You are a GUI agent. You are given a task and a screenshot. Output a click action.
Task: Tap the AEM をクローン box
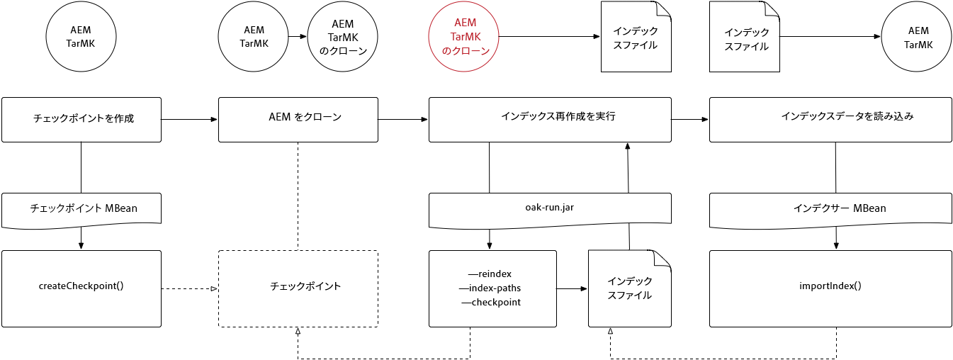click(298, 119)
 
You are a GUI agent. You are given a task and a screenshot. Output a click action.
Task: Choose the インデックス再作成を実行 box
click(550, 119)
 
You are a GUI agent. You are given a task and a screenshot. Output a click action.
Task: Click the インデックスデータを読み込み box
click(830, 119)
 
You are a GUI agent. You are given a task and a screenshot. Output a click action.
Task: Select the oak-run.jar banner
click(550, 208)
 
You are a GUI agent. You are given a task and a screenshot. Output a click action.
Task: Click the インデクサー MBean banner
click(830, 208)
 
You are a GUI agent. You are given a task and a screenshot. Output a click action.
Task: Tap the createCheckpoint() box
click(81, 287)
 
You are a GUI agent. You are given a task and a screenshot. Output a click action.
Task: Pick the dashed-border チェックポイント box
click(298, 287)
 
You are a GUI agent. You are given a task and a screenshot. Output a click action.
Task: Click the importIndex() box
click(830, 287)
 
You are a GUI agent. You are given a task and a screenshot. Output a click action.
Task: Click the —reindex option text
click(490, 274)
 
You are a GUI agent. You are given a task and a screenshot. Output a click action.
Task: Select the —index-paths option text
click(490, 288)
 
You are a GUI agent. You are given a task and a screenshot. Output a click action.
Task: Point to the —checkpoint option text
click(491, 303)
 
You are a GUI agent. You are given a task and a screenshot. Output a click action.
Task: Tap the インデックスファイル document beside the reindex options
click(630, 288)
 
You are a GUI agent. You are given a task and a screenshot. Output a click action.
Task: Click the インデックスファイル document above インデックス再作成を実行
click(636, 37)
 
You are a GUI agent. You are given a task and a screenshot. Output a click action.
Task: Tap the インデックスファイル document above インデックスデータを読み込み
click(745, 38)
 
